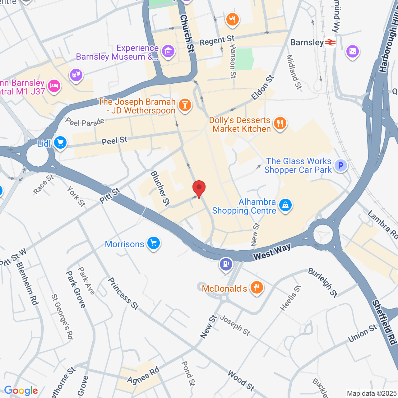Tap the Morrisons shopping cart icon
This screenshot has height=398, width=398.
coord(153,243)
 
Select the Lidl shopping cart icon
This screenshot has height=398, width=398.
coord(60,143)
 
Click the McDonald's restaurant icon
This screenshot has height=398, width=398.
coord(257,288)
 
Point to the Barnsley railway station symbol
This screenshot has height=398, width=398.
coord(330,42)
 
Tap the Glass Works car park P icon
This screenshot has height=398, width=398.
coord(341,165)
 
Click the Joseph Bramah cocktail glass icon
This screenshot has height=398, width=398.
coord(185,105)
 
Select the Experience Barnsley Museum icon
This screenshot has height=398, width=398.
coord(168,51)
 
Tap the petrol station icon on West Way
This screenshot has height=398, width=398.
coord(226,264)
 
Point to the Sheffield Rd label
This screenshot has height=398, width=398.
coord(385,322)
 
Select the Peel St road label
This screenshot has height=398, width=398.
coord(114,141)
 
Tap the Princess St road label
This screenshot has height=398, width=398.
coord(123,294)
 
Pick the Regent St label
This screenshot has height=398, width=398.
coord(217,40)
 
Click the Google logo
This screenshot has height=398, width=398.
coord(21,391)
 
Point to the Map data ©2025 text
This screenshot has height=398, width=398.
coord(372,393)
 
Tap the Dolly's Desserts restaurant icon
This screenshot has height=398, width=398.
coord(280,123)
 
